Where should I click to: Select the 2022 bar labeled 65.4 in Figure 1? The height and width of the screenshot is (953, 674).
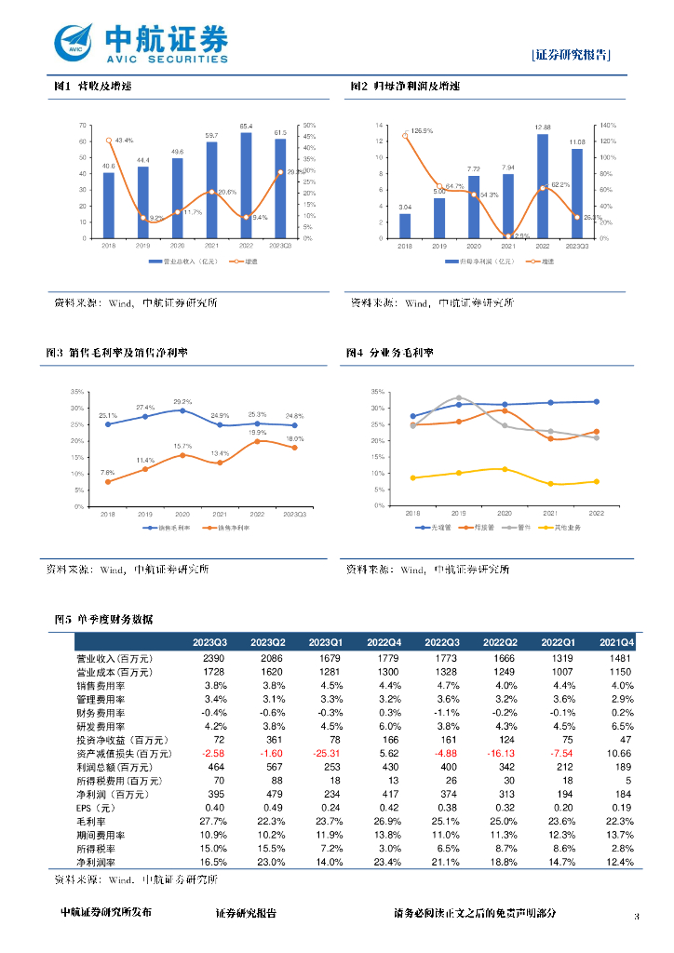tap(246, 185)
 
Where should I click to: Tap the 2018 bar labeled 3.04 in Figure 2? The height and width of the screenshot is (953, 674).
tap(405, 225)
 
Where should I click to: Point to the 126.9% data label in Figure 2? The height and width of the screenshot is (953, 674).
tap(422, 130)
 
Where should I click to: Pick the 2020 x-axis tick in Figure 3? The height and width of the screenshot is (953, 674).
tap(182, 514)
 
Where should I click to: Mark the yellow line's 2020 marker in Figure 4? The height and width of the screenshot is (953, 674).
tap(505, 469)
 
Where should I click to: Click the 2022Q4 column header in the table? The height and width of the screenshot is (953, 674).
tap(384, 642)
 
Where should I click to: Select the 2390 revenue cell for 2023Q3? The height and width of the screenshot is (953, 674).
tap(213, 658)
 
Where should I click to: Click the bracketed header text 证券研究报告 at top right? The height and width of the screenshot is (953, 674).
tap(572, 54)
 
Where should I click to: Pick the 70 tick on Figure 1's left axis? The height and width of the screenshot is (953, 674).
tap(83, 125)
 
